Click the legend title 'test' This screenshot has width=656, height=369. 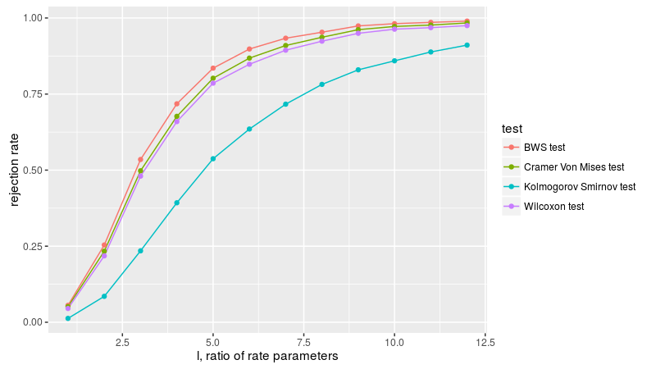513,129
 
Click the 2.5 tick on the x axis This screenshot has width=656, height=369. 122,340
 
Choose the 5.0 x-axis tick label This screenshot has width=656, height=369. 213,340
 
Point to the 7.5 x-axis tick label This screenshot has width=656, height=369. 304,340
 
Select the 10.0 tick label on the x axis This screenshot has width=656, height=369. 394,340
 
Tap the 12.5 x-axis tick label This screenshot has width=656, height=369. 485,340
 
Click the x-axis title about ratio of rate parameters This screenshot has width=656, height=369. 267,357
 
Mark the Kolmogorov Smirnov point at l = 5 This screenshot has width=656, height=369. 213,158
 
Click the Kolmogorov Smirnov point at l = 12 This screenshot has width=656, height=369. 467,45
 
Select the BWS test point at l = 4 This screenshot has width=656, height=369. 177,104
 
